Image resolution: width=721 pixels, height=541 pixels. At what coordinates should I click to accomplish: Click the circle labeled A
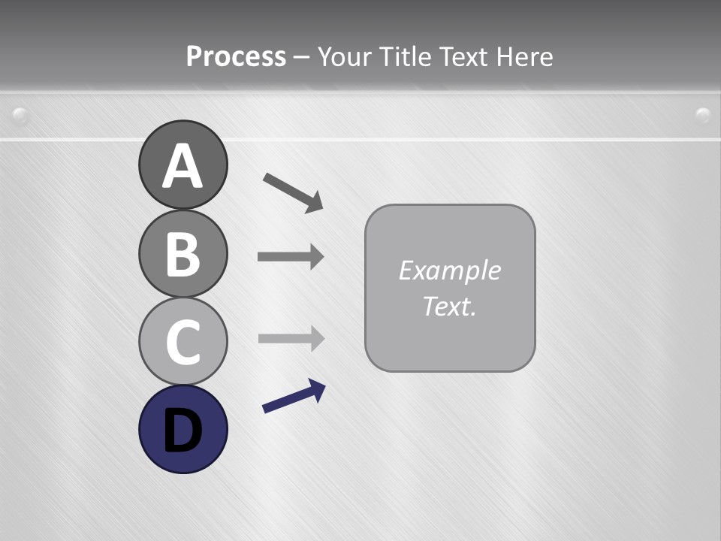tap(183, 165)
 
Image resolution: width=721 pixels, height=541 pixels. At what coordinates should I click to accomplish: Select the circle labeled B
tap(183, 253)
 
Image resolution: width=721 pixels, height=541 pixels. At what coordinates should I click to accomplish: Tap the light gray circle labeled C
tap(183, 341)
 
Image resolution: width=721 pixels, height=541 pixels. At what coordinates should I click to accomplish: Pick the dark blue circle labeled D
tap(183, 429)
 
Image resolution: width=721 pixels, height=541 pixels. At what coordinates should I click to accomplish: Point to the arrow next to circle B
tap(290, 257)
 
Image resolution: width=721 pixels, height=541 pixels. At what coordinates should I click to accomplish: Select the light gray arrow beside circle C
tap(290, 338)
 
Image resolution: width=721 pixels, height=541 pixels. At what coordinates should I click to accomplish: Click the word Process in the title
tap(236, 56)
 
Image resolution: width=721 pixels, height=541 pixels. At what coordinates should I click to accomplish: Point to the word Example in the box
tap(449, 270)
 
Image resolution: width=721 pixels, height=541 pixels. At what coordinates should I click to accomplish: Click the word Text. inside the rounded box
tap(449, 306)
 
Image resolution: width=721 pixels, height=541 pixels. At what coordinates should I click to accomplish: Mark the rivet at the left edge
tap(20, 115)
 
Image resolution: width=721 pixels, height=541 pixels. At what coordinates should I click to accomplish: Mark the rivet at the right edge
tap(703, 115)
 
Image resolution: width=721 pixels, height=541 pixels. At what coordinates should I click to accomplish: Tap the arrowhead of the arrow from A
tap(314, 202)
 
